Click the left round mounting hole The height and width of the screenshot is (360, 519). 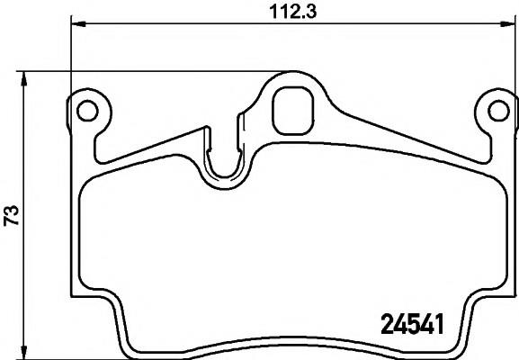click(87, 110)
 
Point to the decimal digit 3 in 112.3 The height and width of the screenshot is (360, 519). click(317, 12)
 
